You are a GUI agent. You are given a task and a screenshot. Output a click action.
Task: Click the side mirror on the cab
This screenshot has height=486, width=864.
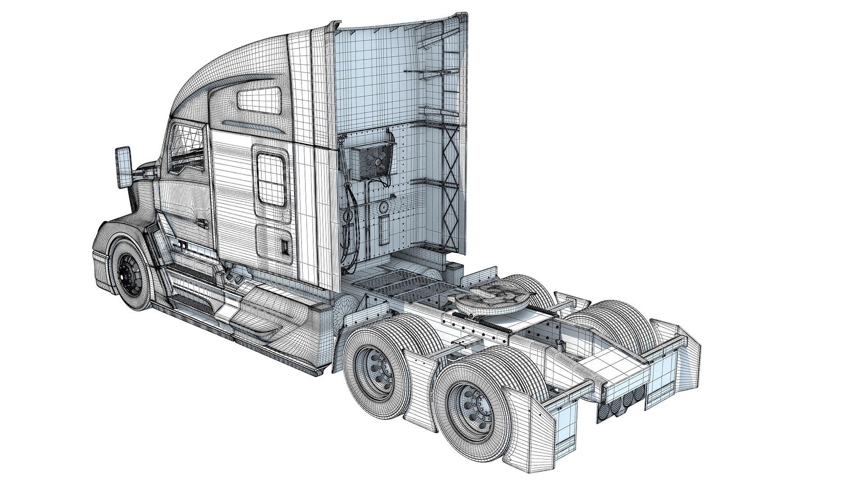[x=122, y=168]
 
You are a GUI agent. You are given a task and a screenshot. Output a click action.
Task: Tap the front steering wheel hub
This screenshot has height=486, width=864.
[x=130, y=275]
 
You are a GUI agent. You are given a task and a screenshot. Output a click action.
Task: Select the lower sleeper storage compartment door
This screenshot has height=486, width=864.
[x=273, y=243]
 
